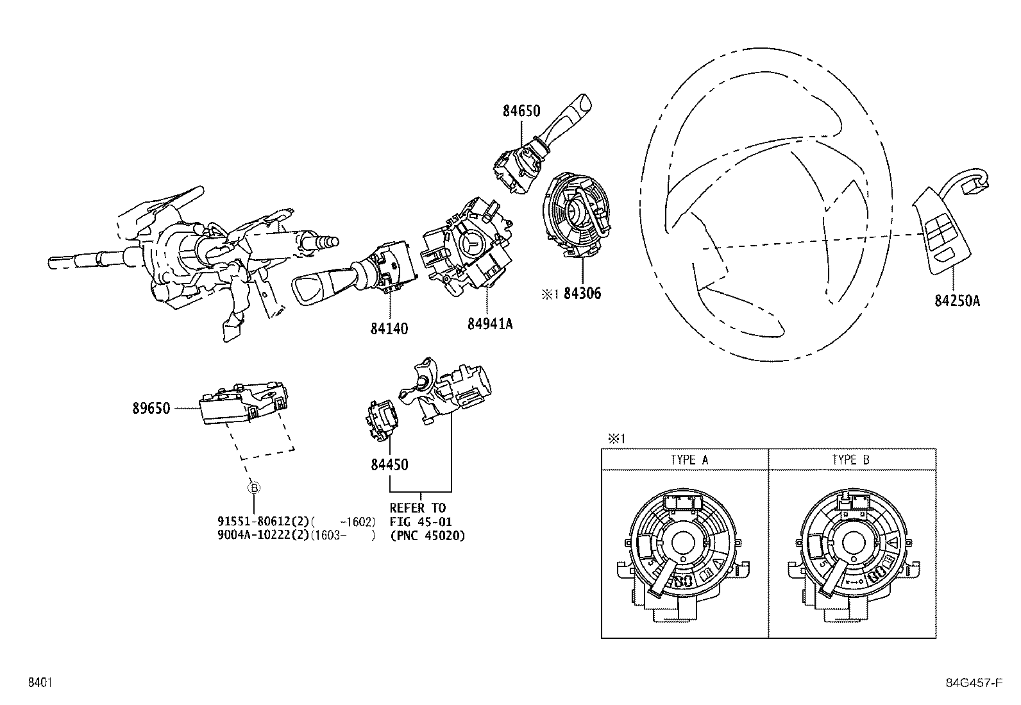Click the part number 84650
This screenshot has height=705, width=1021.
521,111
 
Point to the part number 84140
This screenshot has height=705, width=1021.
389,328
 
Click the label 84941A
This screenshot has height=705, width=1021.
490,324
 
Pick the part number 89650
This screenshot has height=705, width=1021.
151,408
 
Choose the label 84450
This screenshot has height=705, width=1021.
389,464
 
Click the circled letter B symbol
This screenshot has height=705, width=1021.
254,488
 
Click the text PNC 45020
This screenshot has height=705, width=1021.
428,536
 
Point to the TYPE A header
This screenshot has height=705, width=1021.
689,460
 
